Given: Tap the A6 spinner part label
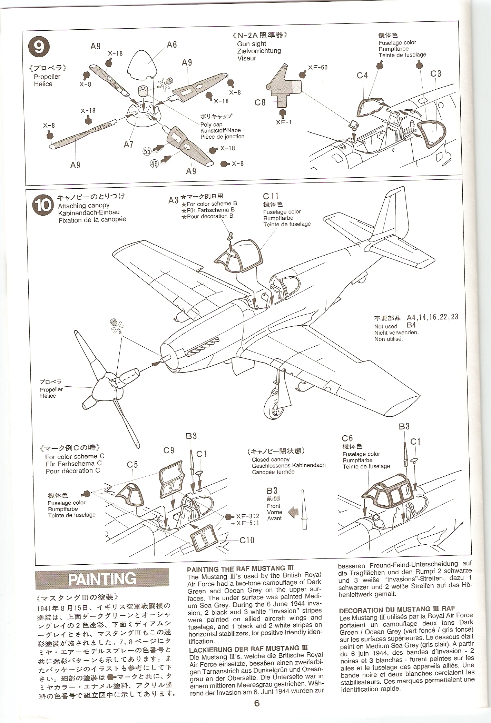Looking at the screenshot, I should (x=171, y=44).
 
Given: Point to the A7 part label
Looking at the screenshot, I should (x=129, y=144).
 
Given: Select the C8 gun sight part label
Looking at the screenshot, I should (x=260, y=102).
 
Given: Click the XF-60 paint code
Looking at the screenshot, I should (x=318, y=68).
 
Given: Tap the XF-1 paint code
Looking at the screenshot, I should (x=284, y=121).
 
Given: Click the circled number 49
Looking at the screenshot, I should (x=155, y=164).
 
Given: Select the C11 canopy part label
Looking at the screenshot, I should (x=271, y=197).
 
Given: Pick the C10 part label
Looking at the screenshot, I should (x=247, y=540).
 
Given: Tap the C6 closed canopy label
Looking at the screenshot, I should (x=347, y=438).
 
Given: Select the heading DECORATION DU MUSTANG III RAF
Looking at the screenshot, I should (x=397, y=610).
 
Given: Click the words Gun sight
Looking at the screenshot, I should (x=252, y=44).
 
